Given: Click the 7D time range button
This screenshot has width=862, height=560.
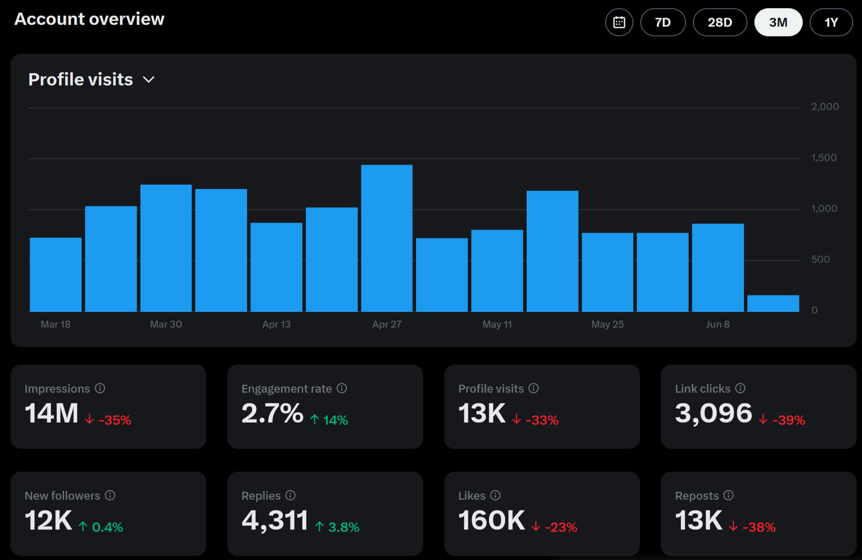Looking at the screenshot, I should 663,22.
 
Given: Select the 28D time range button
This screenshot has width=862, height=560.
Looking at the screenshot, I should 720,22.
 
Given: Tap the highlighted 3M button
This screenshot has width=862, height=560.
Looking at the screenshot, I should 778,22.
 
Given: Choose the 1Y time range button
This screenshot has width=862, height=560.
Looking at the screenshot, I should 831,22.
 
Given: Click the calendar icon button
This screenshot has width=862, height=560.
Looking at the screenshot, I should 619,22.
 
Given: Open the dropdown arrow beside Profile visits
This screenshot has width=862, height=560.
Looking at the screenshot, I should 149,80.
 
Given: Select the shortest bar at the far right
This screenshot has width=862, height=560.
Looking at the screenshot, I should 773,304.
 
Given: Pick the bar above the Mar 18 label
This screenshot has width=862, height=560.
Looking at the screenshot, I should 56,275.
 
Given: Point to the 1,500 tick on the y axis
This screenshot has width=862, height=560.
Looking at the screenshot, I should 824,158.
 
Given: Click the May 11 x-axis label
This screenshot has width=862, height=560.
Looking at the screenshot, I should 497,324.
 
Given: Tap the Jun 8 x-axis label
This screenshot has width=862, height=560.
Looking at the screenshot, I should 718,324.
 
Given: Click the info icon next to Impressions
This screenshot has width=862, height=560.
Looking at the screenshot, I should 100,388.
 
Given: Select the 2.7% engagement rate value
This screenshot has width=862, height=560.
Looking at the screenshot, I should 272,413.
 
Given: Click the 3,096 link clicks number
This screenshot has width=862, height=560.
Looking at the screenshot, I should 713,413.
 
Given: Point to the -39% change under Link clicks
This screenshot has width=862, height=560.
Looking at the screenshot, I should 788,420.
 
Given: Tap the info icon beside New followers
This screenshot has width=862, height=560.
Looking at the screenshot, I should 110,495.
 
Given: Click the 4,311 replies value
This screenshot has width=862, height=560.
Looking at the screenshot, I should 275,521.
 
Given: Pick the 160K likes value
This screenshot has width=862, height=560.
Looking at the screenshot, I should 491,521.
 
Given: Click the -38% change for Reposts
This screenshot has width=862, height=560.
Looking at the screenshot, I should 758,527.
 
